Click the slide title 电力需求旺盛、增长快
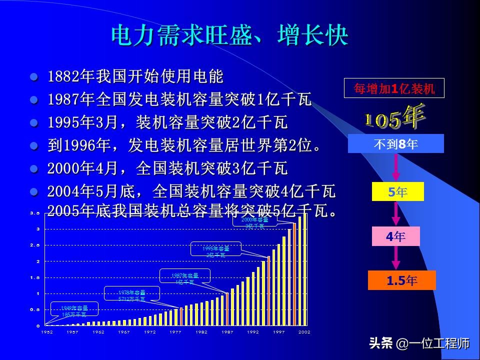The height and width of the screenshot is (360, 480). tap(229, 36)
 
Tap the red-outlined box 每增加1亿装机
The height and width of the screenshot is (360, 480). tap(394, 89)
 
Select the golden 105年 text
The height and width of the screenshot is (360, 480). tap(394, 118)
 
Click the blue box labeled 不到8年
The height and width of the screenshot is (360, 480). tap(395, 144)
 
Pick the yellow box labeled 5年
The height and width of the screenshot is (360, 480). tap(397, 191)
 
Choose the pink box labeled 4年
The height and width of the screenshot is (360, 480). tap(395, 236)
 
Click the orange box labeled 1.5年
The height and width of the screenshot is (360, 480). tap(401, 280)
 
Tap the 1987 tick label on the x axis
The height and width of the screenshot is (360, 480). tap(227, 332)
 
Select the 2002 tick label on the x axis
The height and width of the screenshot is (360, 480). tap(304, 332)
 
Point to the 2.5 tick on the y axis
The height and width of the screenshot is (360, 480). tap(34, 245)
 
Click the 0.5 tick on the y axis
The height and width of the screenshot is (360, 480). tap(34, 309)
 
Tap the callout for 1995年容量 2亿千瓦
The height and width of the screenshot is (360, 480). tap(216, 251)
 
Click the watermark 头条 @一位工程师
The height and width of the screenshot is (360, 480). tap(419, 343)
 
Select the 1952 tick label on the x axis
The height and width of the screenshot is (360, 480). tap(47, 332)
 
